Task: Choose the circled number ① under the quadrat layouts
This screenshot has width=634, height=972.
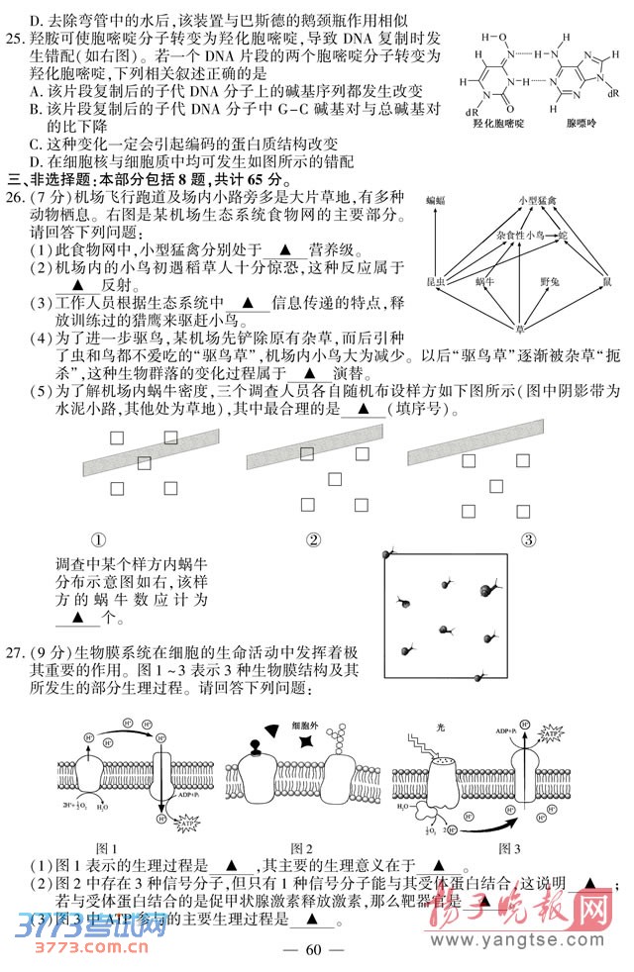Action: tap(99, 539)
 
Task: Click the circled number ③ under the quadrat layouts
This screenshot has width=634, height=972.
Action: tap(528, 539)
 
